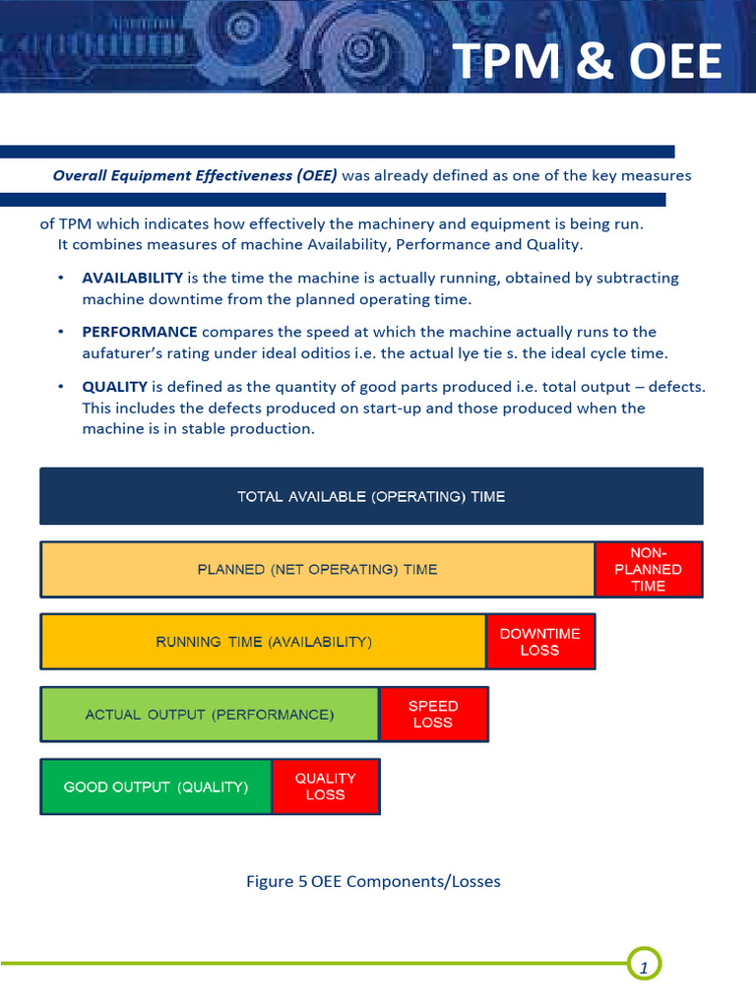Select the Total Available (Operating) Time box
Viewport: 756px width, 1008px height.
[371, 496]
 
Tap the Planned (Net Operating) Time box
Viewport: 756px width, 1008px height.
[317, 569]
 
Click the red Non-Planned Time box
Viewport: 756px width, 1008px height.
[648, 569]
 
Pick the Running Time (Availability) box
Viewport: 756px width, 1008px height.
[263, 642]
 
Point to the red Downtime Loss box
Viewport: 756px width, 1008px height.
[539, 642]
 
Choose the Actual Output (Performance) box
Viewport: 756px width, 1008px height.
[209, 714]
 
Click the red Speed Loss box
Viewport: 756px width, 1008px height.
[433, 714]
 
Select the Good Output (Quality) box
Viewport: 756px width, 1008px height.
[156, 787]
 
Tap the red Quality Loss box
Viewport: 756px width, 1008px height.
[325, 787]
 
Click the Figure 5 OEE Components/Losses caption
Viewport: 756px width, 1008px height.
[373, 881]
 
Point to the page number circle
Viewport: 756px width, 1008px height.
[644, 966]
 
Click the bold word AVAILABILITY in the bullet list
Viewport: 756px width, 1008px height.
[132, 279]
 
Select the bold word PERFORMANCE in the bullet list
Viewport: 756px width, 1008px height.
[139, 332]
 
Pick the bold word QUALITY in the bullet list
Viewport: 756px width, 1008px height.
[114, 387]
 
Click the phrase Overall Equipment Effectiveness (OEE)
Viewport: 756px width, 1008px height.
[194, 176]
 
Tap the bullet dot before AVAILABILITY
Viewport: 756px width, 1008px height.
[61, 279]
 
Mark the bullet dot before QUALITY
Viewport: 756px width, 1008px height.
[61, 387]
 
